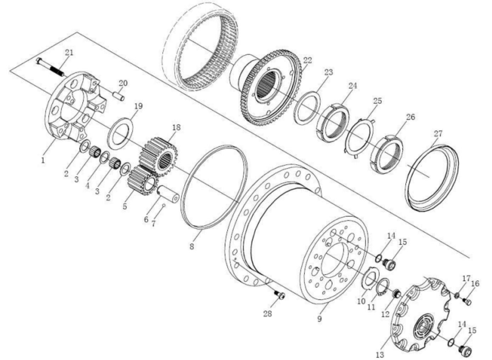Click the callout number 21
pos(69,53)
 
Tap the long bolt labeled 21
pos(50,67)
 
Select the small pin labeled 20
pos(119,96)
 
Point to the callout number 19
pos(138,106)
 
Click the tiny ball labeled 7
pos(164,205)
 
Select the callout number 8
pos(192,247)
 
